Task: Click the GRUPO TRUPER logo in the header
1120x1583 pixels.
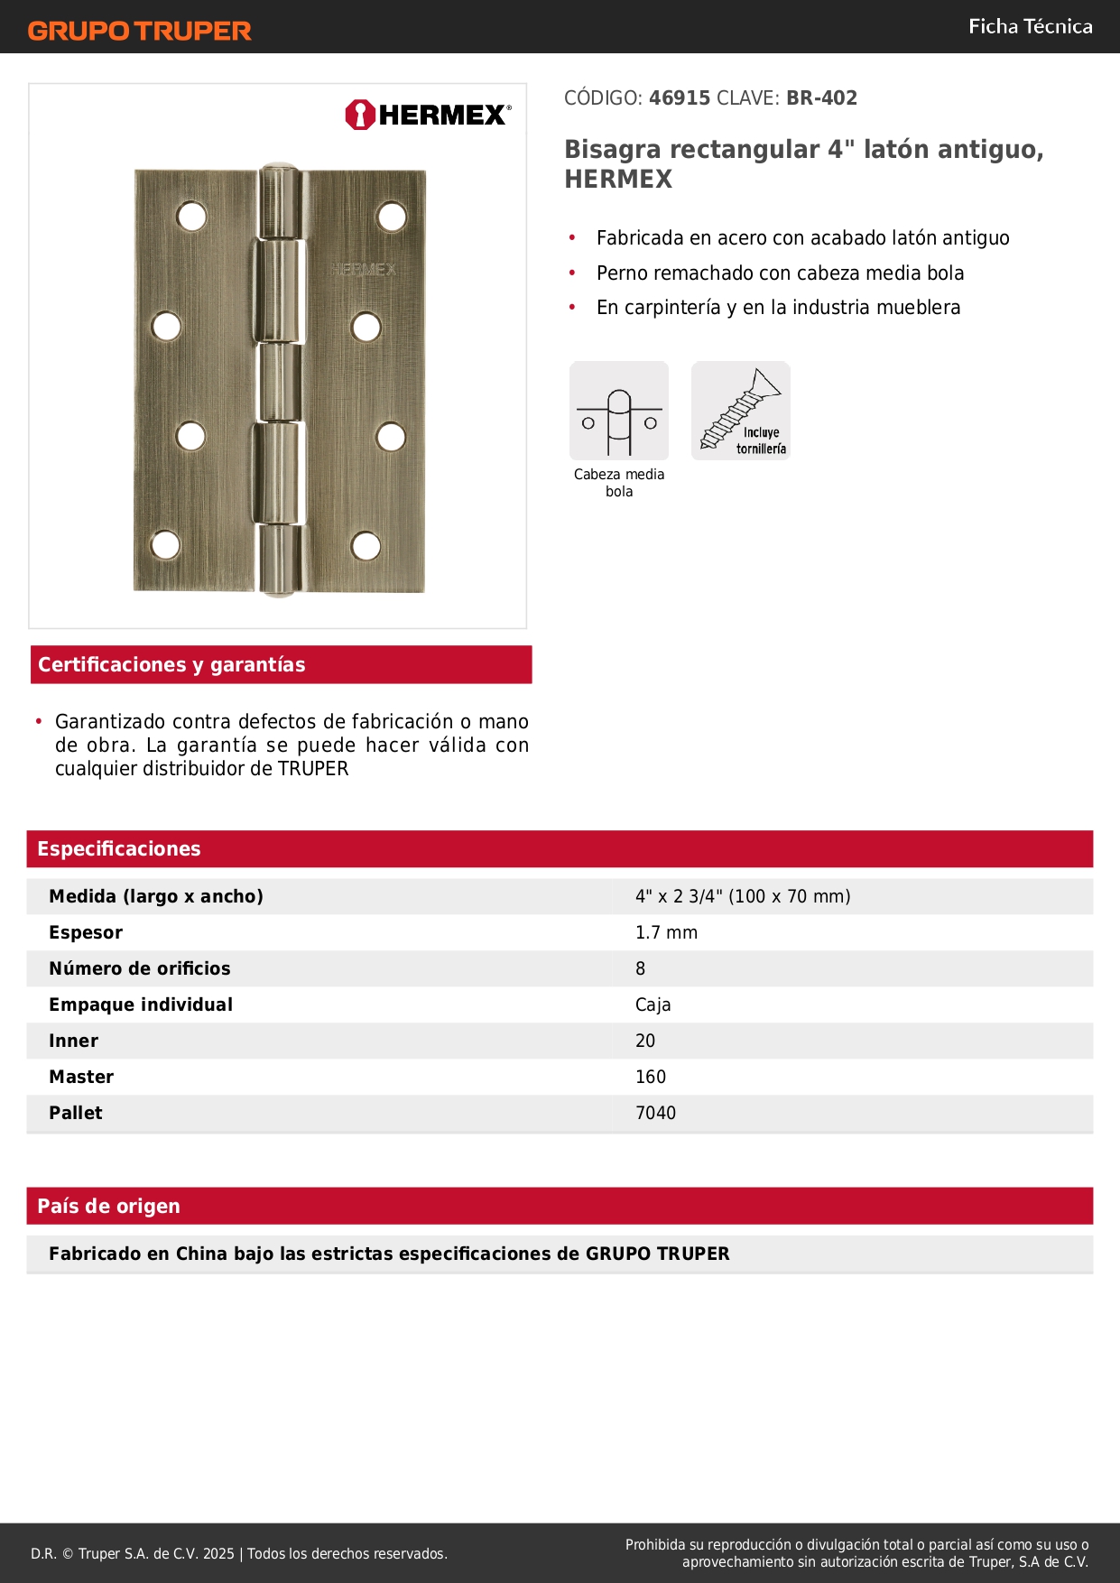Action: [x=139, y=31]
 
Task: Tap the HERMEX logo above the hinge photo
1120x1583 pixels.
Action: [x=428, y=115]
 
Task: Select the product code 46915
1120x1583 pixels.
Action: [x=680, y=98]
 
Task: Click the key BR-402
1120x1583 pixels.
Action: [x=821, y=98]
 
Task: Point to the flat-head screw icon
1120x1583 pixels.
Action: [x=741, y=411]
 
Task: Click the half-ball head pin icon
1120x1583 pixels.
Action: [x=619, y=411]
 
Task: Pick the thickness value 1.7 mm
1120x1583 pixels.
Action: [x=666, y=932]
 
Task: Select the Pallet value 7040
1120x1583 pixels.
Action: [x=655, y=1113]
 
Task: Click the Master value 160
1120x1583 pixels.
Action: [x=651, y=1077]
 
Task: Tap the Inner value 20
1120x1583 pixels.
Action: [x=645, y=1041]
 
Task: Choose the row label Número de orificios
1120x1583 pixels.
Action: [x=140, y=968]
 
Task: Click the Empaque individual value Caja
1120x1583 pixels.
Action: [x=653, y=1004]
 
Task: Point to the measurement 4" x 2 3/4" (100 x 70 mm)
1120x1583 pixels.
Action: [x=743, y=896]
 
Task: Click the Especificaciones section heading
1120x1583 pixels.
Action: [x=119, y=848]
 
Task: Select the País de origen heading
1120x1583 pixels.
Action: [x=108, y=1206]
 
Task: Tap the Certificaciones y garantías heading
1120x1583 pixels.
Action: [x=171, y=664]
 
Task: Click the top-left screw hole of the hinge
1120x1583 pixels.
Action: [x=191, y=217]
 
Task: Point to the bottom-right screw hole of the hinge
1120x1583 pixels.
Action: [x=366, y=545]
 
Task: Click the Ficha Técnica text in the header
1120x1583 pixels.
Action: [x=1030, y=27]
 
